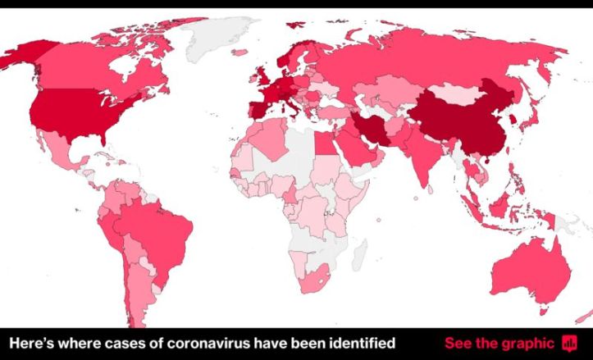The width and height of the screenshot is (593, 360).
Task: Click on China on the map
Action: (459, 119)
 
